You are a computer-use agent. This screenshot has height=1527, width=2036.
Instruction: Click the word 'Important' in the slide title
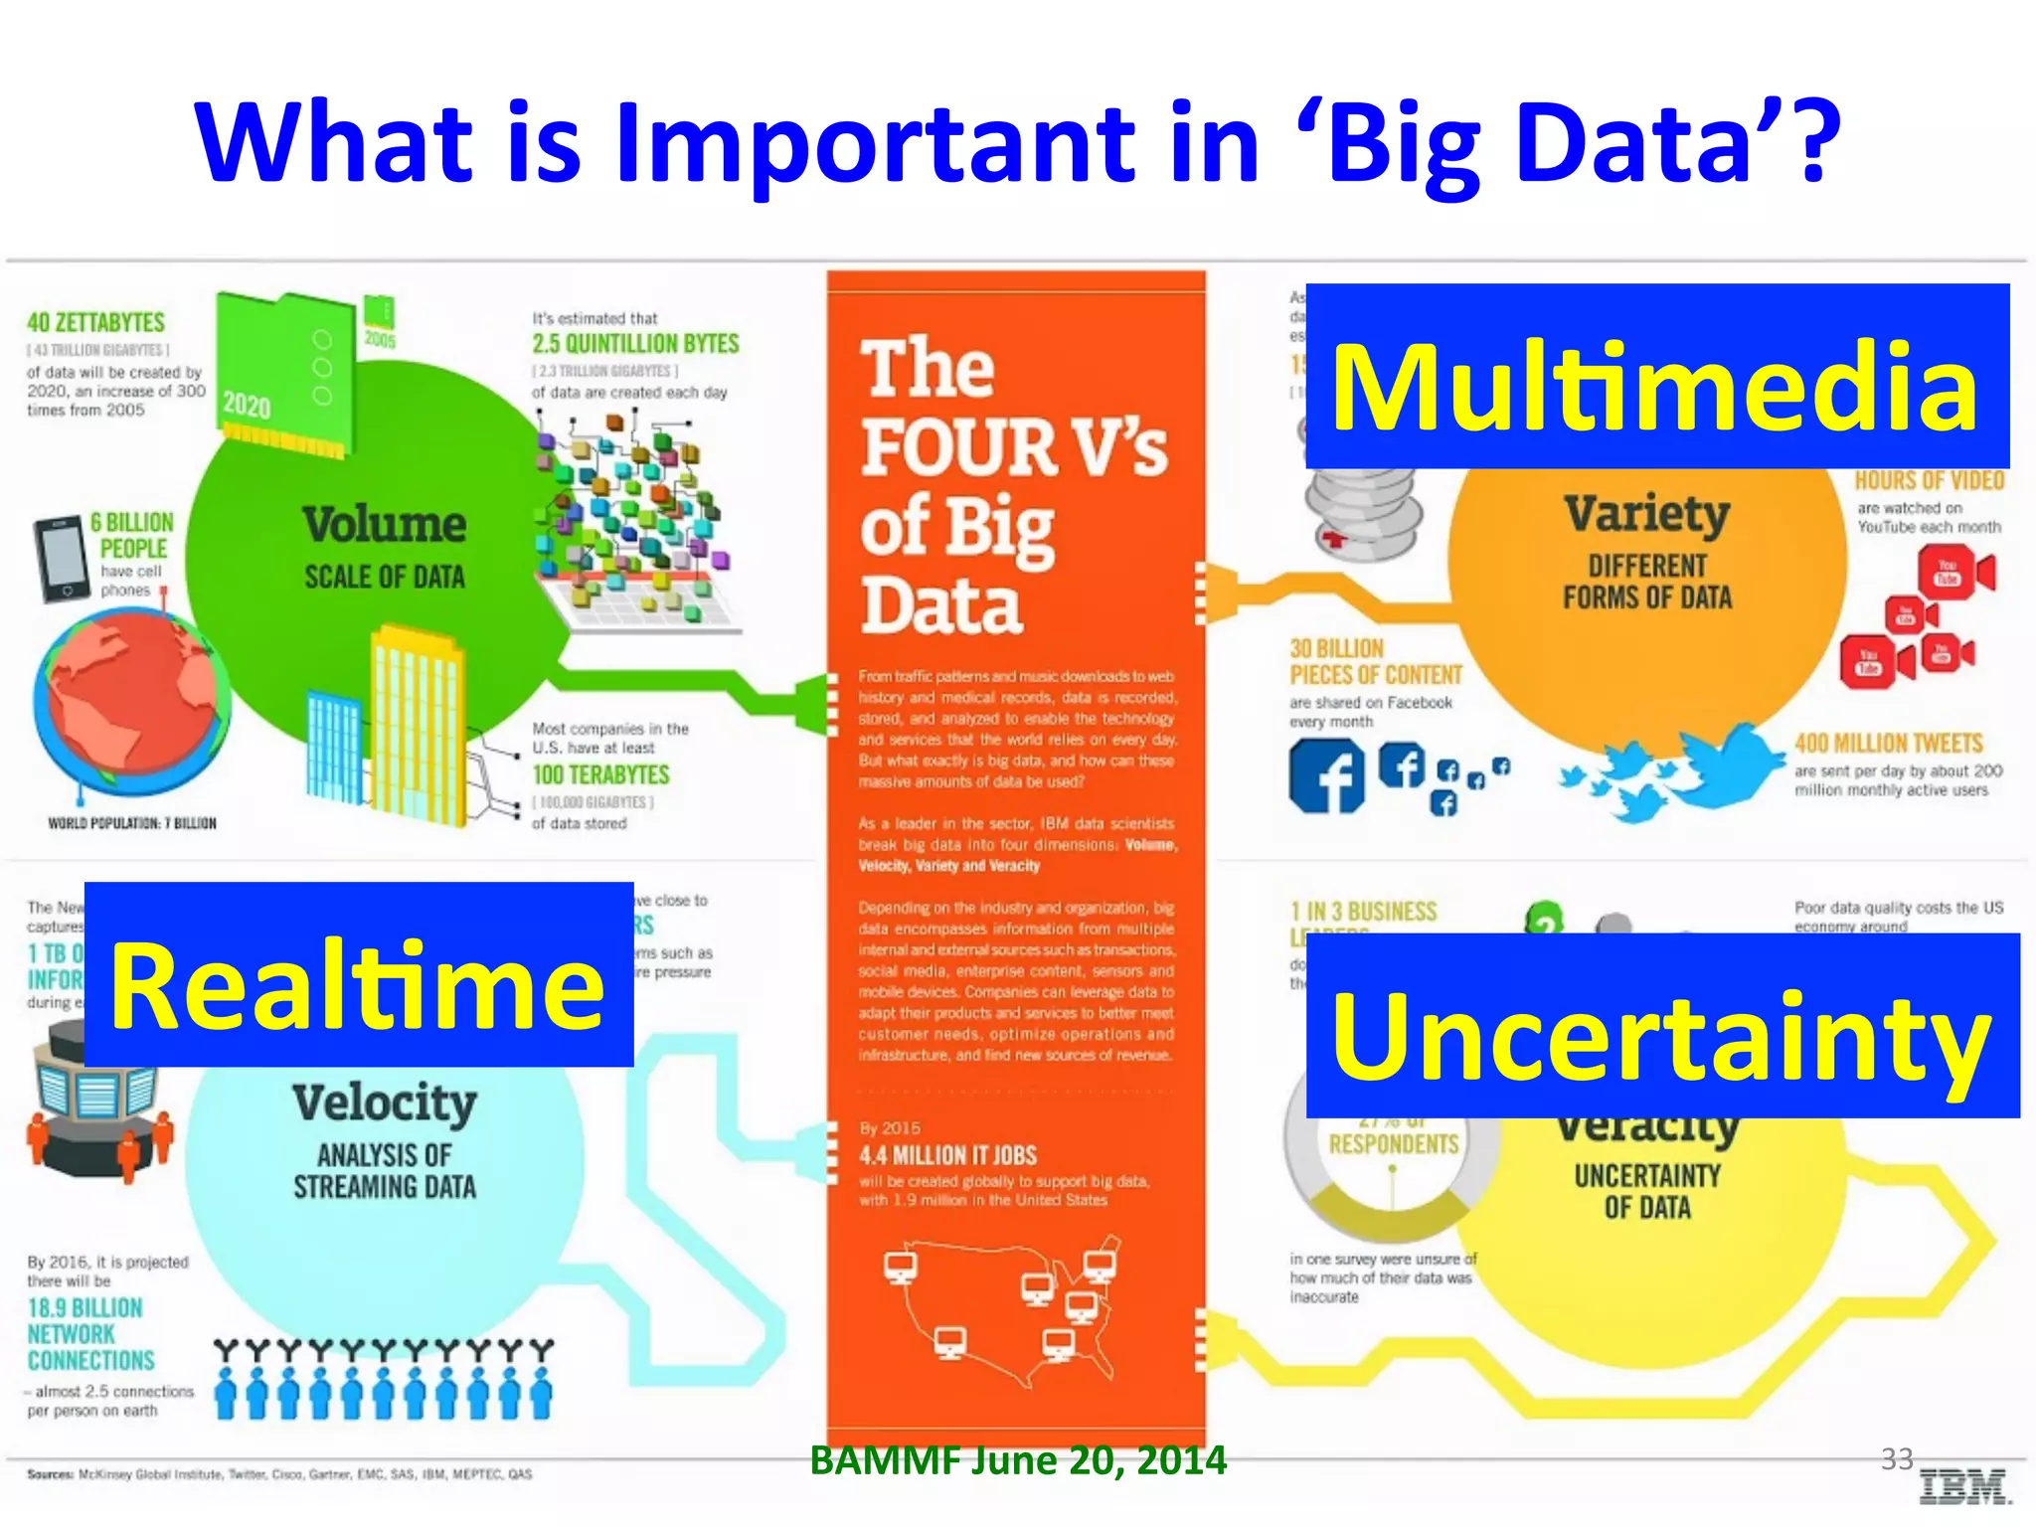point(875,144)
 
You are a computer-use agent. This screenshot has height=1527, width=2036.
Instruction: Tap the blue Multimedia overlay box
point(1656,376)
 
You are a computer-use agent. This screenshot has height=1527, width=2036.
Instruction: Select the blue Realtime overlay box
point(359,974)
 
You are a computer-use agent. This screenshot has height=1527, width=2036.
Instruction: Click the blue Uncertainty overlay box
point(1662,1026)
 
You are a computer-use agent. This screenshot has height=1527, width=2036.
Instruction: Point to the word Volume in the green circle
point(385,525)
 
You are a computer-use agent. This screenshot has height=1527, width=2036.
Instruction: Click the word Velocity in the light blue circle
point(385,1103)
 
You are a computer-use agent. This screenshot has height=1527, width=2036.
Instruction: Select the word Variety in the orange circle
point(1647,514)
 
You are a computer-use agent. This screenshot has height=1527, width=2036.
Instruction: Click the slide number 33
point(1897,1458)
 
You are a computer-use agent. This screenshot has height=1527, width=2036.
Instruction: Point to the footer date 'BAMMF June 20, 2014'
point(1018,1460)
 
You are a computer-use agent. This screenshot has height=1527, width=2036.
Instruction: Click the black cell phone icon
point(61,559)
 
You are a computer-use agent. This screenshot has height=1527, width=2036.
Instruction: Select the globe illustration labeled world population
point(131,701)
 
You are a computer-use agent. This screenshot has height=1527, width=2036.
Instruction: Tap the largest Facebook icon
point(1327,777)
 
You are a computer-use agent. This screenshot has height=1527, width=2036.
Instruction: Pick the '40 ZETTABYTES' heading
point(96,323)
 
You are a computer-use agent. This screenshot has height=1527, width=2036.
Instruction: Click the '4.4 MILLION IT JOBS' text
point(948,1155)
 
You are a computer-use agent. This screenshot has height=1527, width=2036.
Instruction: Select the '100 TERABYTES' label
point(600,774)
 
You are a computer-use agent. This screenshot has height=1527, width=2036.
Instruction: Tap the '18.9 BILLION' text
point(85,1307)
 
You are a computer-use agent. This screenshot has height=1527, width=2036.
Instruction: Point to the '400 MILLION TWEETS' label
point(1888,744)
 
